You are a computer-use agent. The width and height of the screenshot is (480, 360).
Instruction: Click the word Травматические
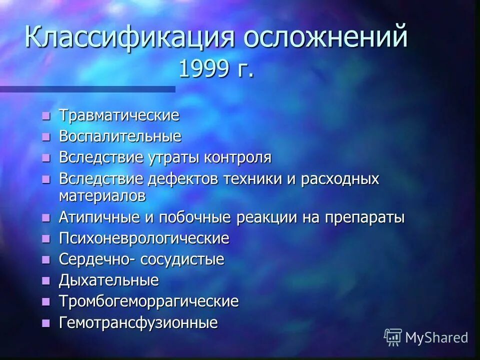pyautogui.click(x=119, y=115)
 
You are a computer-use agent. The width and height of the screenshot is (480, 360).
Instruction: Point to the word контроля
pyautogui.click(x=237, y=157)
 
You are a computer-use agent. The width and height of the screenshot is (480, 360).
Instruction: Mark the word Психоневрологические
pyautogui.click(x=144, y=238)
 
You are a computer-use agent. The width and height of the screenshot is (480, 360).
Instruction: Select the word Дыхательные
pyautogui.click(x=109, y=280)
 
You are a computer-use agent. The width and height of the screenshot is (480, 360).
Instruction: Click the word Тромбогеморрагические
pyautogui.click(x=148, y=301)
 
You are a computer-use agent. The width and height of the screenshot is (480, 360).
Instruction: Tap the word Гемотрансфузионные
pyautogui.click(x=138, y=322)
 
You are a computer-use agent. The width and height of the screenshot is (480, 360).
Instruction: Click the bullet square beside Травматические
pyautogui.click(x=46, y=116)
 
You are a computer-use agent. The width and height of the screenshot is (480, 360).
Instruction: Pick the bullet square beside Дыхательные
pyautogui.click(x=46, y=281)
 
